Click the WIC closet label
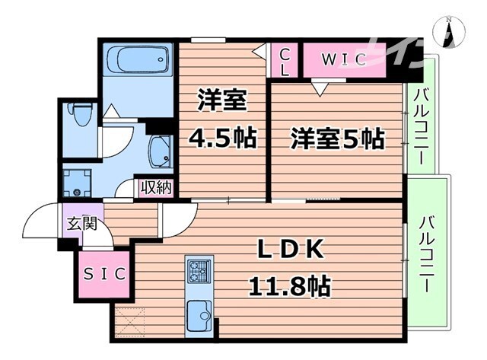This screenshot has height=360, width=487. click(343, 59)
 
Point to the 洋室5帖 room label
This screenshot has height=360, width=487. click(337, 139)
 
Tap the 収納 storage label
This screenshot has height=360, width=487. click(156, 186)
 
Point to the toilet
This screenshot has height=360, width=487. click(79, 116)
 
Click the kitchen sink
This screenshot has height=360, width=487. click(200, 312)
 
